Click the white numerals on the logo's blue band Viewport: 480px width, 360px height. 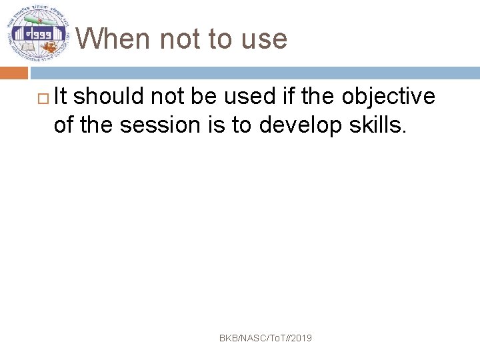tap(37, 33)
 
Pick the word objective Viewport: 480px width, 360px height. tap(389, 97)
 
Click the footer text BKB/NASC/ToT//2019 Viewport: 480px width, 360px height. tap(265, 339)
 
